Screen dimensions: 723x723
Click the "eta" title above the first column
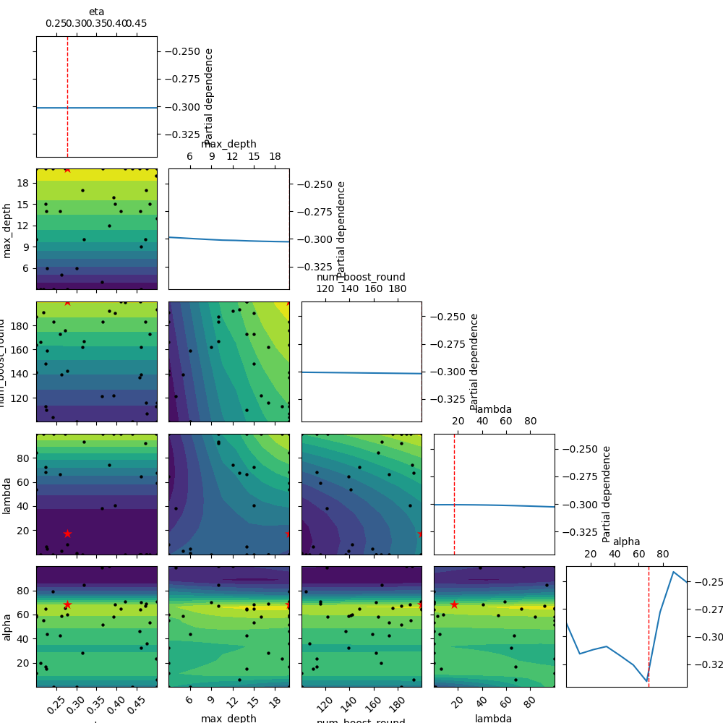(x=96, y=12)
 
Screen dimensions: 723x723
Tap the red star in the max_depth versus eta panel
(x=67, y=168)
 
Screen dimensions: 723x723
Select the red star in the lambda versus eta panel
(x=67, y=534)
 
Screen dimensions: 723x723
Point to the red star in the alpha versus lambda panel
(x=454, y=604)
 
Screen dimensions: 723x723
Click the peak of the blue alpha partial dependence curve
(x=673, y=572)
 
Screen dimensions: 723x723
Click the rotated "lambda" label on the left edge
(x=7, y=495)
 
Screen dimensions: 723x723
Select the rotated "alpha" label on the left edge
(x=7, y=627)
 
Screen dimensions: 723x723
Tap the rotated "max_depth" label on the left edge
(x=7, y=229)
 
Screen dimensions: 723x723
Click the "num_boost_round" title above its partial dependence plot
(x=361, y=277)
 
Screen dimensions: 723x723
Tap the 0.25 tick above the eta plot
(x=56, y=24)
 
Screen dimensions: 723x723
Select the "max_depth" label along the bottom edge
(x=228, y=718)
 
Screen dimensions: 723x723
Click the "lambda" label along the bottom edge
(x=494, y=718)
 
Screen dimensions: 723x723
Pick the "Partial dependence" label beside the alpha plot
(x=607, y=494)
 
